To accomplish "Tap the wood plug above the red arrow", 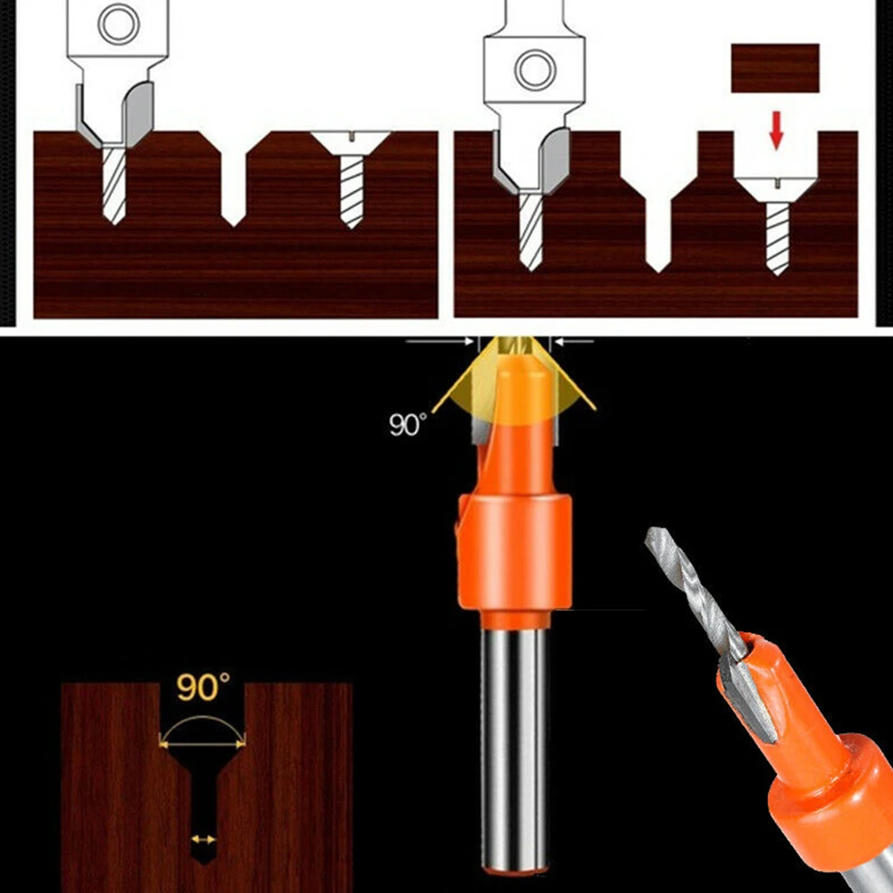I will (775, 68).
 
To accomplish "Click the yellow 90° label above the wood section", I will (202, 688).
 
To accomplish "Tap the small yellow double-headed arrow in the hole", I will (204, 839).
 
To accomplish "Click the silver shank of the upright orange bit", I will (513, 741).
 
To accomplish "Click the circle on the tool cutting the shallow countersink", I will (118, 24).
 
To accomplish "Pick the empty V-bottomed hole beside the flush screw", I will (234, 179).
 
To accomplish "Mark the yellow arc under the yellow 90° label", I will (202, 722).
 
